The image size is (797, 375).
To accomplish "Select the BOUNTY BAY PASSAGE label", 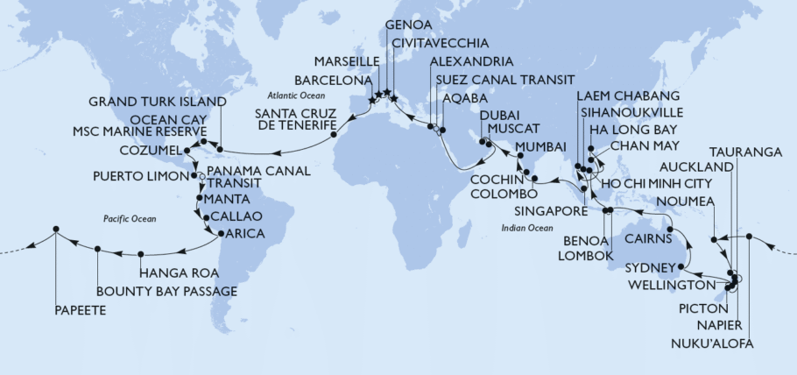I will click(x=166, y=291).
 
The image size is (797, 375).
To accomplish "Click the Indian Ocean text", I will click(x=526, y=227).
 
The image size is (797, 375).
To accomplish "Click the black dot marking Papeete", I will click(x=55, y=230).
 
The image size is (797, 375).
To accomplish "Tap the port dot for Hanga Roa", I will click(x=141, y=255).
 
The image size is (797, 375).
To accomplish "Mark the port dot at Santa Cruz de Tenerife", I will click(x=333, y=135).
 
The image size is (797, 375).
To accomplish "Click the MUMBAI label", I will click(x=540, y=145).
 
